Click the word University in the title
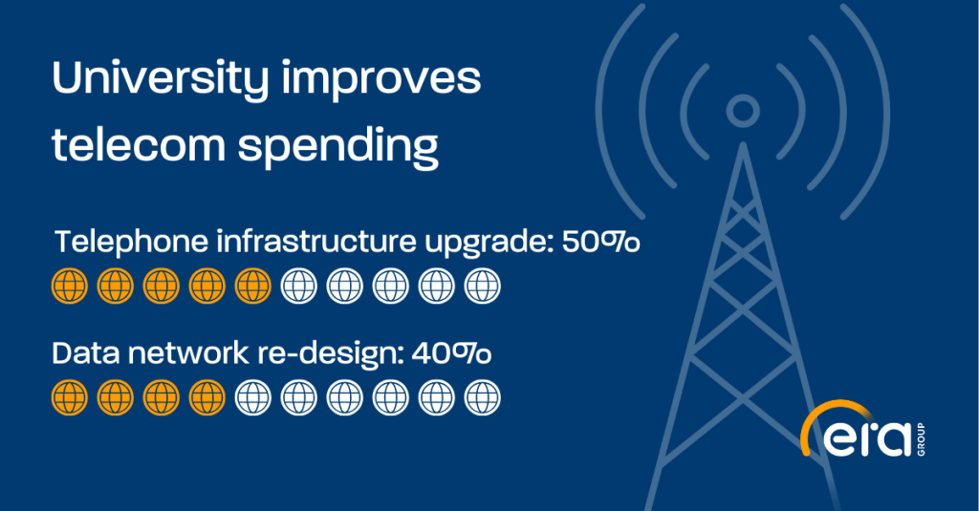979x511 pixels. [160, 80]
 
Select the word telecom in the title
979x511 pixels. [138, 145]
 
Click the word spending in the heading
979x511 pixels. [337, 148]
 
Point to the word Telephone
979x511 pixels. [131, 242]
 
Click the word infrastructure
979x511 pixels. [315, 241]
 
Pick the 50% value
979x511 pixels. [600, 242]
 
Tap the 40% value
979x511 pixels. [451, 353]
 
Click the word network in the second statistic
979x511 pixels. [188, 353]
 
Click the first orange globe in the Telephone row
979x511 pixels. [69, 287]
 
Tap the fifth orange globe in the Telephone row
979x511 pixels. [252, 287]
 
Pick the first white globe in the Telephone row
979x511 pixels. [299, 287]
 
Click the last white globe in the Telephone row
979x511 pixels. [482, 287]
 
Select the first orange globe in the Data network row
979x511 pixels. [69, 397]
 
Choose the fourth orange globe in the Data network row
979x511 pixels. [207, 397]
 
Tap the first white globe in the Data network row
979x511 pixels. [252, 397]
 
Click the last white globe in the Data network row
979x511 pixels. [482, 397]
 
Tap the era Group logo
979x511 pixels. [862, 431]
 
